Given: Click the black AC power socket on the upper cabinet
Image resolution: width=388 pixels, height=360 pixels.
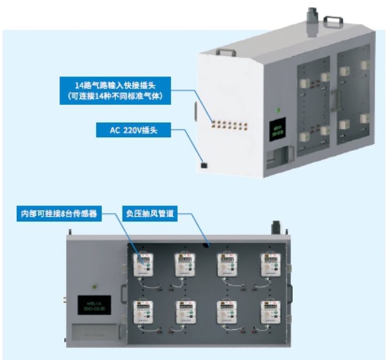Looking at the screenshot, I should click(x=203, y=164).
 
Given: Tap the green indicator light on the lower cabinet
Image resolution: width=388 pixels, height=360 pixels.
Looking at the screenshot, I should click(x=94, y=286).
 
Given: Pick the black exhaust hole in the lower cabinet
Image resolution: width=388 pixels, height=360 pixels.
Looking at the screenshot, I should click(x=206, y=244).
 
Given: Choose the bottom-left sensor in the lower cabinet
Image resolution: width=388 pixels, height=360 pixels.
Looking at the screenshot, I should click(x=142, y=312).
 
